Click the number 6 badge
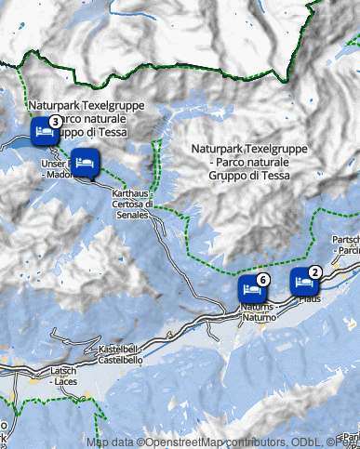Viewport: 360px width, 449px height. [x=263, y=279]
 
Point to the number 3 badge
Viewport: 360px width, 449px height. [x=56, y=122]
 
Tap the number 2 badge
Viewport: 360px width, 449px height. [x=315, y=271]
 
